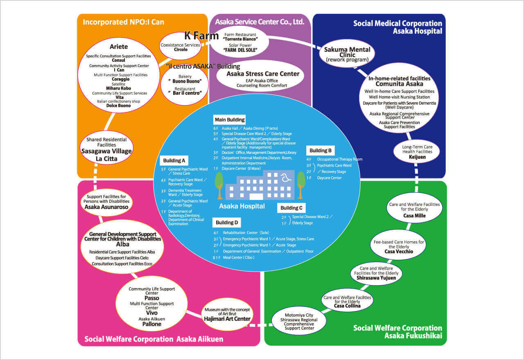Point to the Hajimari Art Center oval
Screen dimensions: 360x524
pos(227,314)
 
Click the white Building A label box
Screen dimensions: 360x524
pos(174,160)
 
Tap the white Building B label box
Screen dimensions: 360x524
pos(320,150)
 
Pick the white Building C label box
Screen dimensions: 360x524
pos(291,208)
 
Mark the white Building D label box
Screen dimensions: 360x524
pos(226,223)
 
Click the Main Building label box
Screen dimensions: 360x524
pos(230,119)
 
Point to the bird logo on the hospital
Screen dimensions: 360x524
pos(285,177)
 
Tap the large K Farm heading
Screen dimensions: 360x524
pos(201,36)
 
